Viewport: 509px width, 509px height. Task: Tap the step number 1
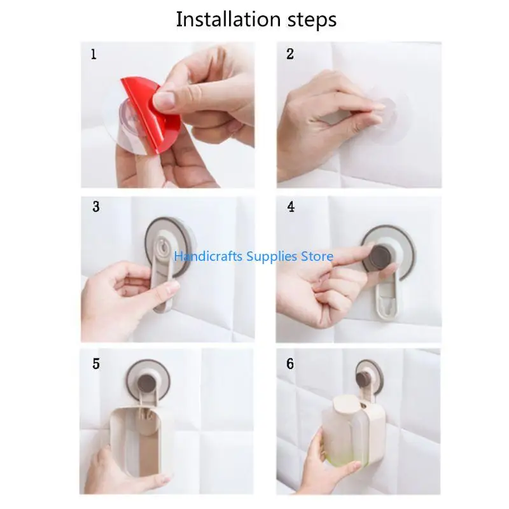point(94,55)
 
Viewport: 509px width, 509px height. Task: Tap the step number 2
point(290,55)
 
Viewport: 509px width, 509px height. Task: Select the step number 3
point(95,207)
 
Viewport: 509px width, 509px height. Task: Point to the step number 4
point(291,207)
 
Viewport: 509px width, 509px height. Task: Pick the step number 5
point(95,364)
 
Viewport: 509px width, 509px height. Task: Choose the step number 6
point(290,364)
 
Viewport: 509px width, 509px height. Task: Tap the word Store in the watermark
point(317,256)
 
